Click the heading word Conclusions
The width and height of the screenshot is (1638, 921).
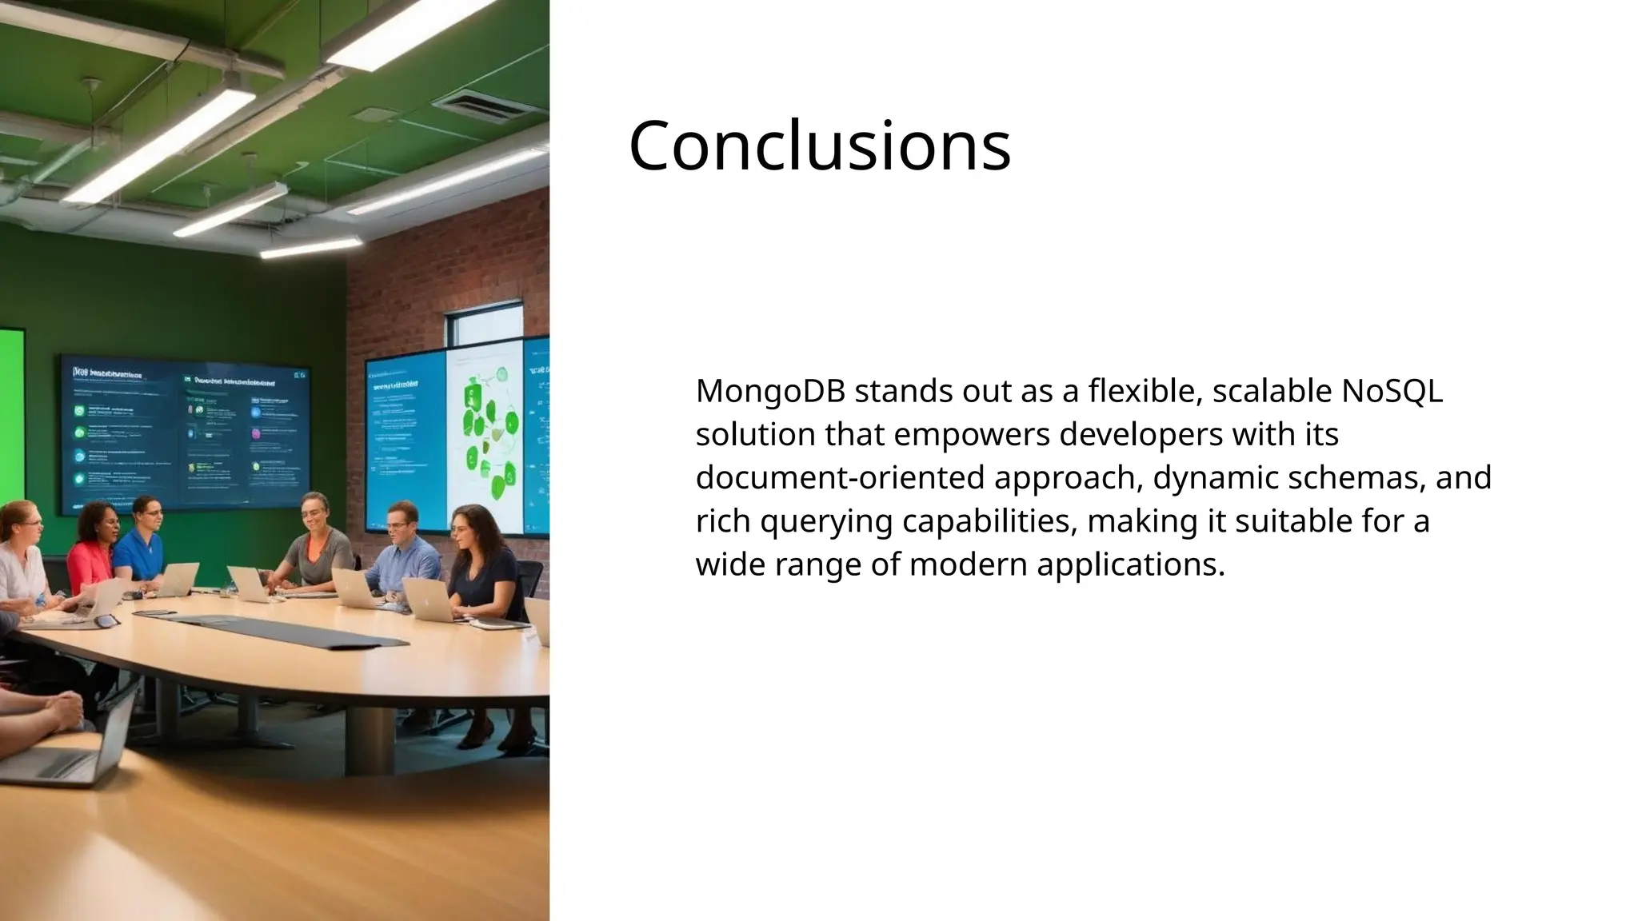coord(819,146)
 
